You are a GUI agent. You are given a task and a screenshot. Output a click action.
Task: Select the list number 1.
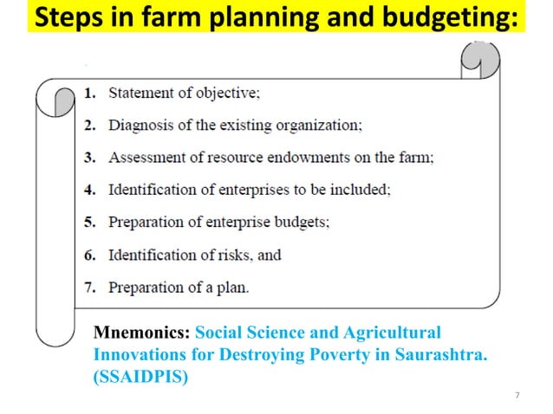click(x=90, y=93)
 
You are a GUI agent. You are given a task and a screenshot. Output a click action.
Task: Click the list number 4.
click(x=90, y=190)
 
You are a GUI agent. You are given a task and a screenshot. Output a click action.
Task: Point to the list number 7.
click(x=90, y=288)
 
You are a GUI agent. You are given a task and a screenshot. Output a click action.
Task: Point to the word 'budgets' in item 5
click(x=300, y=223)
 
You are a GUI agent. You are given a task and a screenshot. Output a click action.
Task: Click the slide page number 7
click(x=517, y=396)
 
